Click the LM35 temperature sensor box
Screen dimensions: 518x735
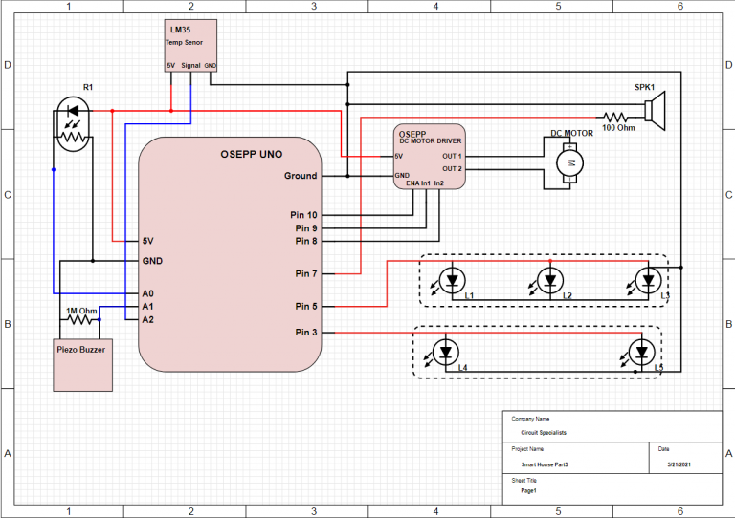click(x=190, y=46)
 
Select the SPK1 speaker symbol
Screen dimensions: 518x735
click(x=655, y=110)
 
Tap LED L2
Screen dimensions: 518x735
click(x=549, y=281)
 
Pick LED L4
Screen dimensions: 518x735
click(x=445, y=352)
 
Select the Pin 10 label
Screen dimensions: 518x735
click(x=300, y=215)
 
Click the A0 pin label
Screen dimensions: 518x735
click(x=147, y=293)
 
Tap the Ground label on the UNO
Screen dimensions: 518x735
click(x=300, y=176)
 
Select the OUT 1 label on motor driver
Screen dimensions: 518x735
click(x=452, y=156)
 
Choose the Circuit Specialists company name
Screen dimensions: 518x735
click(x=544, y=433)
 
